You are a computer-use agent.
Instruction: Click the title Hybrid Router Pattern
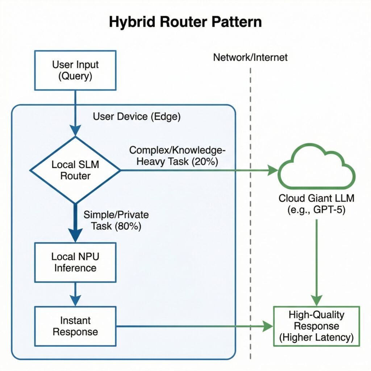point(185,22)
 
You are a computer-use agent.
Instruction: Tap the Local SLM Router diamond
point(75,170)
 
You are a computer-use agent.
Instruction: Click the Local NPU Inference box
point(75,262)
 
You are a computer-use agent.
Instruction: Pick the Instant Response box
point(75,326)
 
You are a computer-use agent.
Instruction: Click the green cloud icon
point(316,167)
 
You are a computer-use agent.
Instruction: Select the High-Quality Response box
point(316,326)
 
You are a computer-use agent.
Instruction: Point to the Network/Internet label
point(250,57)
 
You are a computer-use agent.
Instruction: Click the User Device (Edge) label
point(137,117)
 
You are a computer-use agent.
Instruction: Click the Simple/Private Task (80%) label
point(116,220)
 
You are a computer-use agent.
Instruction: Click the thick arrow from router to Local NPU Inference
point(75,221)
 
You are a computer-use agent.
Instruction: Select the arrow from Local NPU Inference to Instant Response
point(75,293)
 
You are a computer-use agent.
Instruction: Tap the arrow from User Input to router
point(75,112)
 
